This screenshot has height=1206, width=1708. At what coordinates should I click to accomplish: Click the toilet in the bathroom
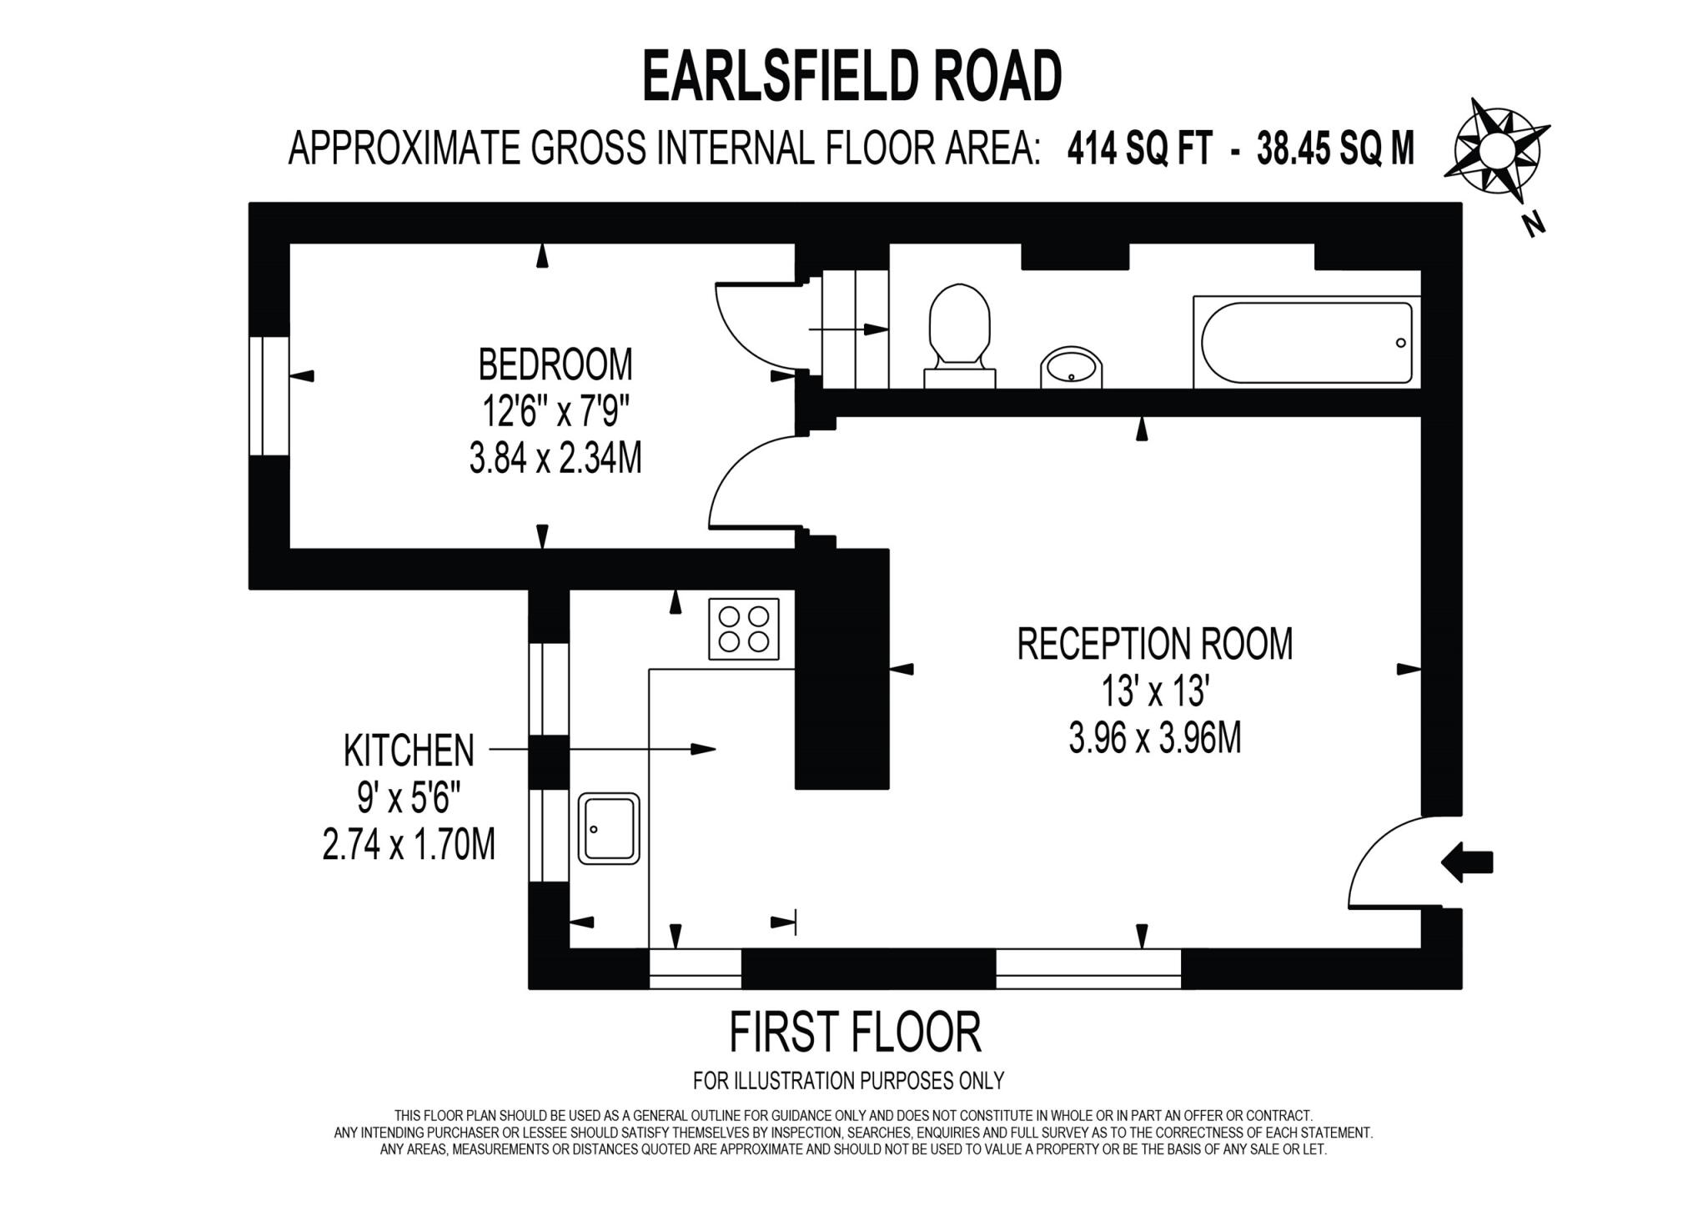click(959, 334)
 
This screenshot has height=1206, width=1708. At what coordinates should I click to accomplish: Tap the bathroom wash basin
click(1071, 368)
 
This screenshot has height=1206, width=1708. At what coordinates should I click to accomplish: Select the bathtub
click(1307, 342)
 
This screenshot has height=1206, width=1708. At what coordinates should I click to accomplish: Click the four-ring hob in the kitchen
click(744, 629)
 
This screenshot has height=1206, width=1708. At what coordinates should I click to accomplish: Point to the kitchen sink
click(609, 827)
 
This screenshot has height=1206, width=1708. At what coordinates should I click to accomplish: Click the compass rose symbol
click(1496, 150)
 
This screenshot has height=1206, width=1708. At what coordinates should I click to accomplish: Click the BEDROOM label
click(555, 364)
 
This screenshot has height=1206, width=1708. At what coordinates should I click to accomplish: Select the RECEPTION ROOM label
click(1154, 644)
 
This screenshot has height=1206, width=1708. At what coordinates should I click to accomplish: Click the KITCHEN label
click(409, 751)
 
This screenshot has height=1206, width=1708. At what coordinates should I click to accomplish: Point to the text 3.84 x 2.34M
click(555, 459)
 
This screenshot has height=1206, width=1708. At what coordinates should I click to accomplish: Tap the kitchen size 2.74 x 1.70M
click(409, 845)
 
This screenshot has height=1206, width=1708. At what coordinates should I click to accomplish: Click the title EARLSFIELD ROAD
click(851, 76)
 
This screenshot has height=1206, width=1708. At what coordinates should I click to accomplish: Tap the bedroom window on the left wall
click(269, 395)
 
